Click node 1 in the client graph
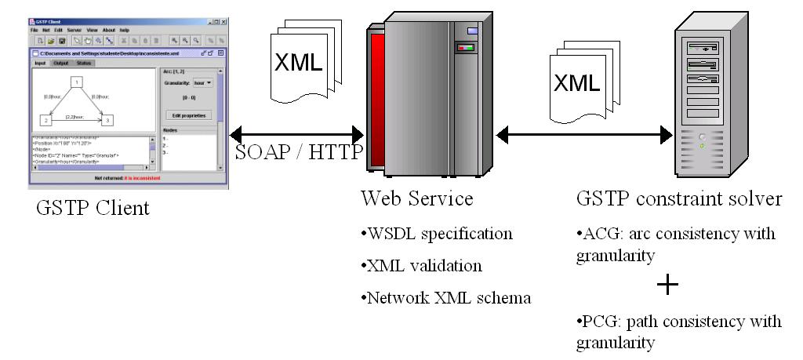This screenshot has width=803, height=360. coord(77,82)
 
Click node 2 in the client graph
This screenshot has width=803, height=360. coord(45,120)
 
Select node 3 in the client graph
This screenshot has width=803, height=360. coord(108,120)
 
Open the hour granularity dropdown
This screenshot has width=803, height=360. coord(204,82)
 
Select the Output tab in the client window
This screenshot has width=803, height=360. coord(60,62)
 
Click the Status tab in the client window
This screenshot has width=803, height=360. coord(84,62)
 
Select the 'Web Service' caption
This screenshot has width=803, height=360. coord(416,199)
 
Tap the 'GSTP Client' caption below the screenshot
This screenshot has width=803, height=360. coord(93,209)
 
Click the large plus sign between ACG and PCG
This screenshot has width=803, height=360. coord(667,285)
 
